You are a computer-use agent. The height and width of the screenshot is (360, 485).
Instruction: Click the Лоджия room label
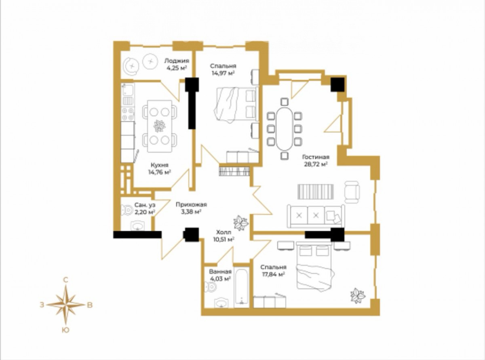click(177, 61)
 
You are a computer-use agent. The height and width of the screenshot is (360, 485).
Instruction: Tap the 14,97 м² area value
click(223, 73)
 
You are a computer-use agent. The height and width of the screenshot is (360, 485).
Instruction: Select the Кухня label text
click(159, 165)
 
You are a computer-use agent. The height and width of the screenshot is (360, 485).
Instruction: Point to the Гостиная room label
click(316, 157)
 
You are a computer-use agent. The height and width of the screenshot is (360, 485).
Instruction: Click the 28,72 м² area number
click(316, 164)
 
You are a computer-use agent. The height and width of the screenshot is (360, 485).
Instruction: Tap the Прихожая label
click(191, 204)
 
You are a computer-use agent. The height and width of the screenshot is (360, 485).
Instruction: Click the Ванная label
click(220, 272)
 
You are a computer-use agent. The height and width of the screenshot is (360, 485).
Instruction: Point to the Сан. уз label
click(145, 205)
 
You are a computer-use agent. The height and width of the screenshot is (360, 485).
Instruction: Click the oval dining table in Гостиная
click(284, 128)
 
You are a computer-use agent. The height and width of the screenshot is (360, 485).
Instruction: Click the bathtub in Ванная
click(241, 287)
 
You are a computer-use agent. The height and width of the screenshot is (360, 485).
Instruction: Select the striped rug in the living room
click(316, 192)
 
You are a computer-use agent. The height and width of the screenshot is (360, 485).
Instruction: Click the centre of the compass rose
click(66, 305)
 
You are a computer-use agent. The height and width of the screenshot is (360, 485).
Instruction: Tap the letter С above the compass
click(65, 280)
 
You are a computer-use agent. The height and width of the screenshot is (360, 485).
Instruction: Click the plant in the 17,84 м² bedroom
click(358, 296)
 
